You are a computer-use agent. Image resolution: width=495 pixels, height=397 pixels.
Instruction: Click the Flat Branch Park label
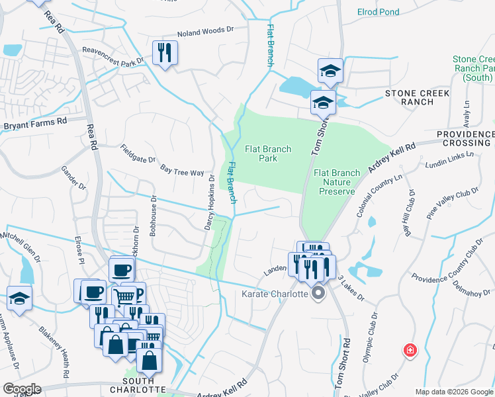(x=267, y=154)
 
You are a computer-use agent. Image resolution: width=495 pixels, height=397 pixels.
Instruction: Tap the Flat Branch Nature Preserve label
(x=337, y=182)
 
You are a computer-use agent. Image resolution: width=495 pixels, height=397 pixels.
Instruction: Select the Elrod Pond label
(x=378, y=12)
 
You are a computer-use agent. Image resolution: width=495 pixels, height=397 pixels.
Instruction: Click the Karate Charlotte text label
(x=275, y=293)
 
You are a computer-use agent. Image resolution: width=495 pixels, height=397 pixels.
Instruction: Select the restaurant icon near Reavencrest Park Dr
(x=164, y=52)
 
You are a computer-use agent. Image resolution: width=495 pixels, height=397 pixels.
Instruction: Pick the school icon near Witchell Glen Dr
(x=19, y=298)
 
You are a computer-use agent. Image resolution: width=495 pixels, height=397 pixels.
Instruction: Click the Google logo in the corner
(x=22, y=389)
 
